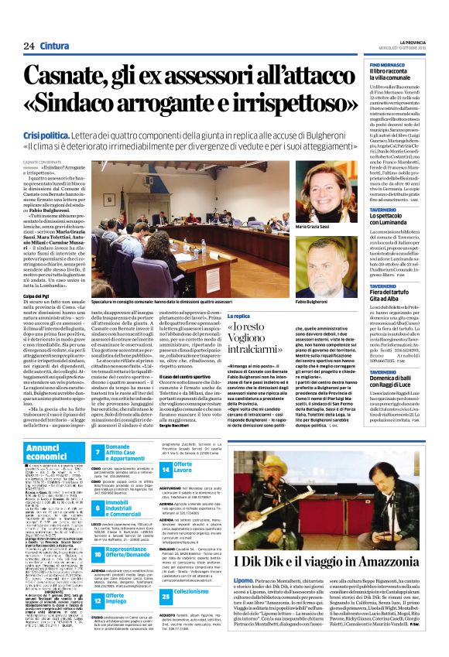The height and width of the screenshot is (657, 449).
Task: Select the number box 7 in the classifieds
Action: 98,451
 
